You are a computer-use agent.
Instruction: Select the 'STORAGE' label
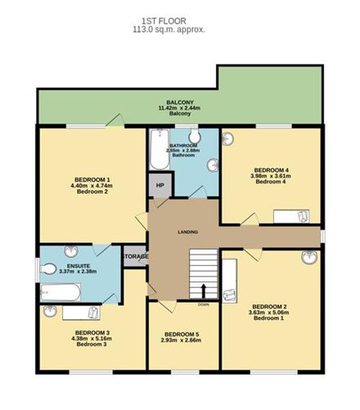[x=135, y=256]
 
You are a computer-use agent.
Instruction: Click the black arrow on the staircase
[x=203, y=290]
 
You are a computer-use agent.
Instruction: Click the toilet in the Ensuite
[x=49, y=268]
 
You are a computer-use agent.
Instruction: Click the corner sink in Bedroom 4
[x=229, y=138]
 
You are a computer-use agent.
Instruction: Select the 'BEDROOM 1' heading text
[x=92, y=179]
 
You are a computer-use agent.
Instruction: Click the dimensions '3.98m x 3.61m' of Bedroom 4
[x=271, y=174]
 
